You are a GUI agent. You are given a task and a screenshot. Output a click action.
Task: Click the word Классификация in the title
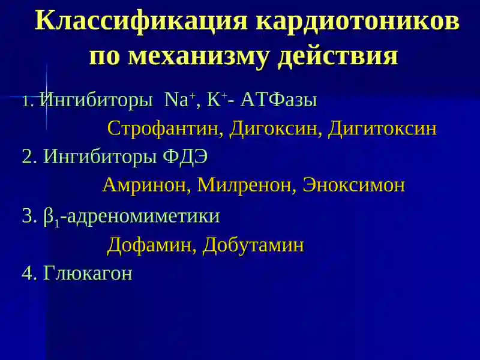(x=141, y=21)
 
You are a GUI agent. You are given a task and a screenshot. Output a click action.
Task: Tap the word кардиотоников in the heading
(x=358, y=22)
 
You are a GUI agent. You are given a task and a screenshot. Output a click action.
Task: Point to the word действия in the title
(x=338, y=56)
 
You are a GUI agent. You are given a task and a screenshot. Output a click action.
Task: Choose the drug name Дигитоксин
(x=382, y=128)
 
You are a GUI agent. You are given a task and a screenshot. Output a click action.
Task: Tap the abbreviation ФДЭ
(x=185, y=157)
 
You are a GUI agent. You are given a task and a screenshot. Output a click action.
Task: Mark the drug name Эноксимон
(x=354, y=185)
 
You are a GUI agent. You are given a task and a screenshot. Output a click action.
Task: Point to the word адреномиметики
(x=143, y=217)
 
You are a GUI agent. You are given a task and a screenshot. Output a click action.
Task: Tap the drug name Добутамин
(x=253, y=245)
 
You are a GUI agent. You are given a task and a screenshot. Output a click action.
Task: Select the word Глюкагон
(x=88, y=273)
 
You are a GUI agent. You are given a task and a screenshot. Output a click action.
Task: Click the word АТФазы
(x=279, y=100)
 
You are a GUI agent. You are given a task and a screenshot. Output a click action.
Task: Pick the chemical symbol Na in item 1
(x=176, y=100)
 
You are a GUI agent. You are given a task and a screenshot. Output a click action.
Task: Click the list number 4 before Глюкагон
(x=28, y=274)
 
